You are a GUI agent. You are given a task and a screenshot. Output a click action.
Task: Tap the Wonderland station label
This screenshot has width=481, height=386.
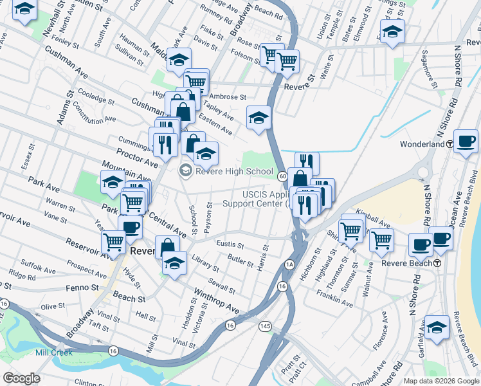pos(422,143)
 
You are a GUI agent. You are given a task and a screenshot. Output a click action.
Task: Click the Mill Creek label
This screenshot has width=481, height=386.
pos(54,352)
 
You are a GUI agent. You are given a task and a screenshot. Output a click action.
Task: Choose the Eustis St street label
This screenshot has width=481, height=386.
pos(230,245)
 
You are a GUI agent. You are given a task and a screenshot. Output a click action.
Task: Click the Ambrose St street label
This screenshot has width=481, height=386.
pos(229,97)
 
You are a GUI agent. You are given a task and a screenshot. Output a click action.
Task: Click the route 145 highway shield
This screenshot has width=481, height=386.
pos(265,327)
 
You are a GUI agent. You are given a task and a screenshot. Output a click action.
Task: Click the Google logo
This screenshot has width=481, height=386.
pos(21,378)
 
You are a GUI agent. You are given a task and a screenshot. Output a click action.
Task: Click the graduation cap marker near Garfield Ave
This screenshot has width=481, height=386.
pos(437,327)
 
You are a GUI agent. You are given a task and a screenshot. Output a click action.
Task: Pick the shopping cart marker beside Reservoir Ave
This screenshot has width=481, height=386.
pos(114,243)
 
